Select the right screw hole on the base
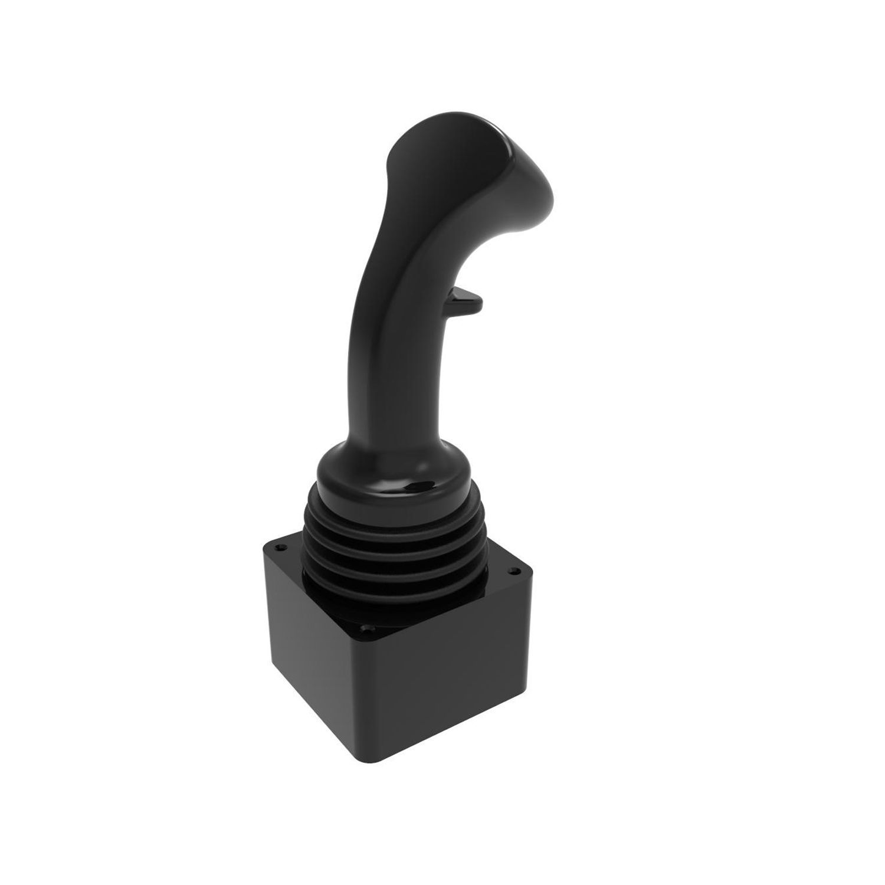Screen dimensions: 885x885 click(x=514, y=571)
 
